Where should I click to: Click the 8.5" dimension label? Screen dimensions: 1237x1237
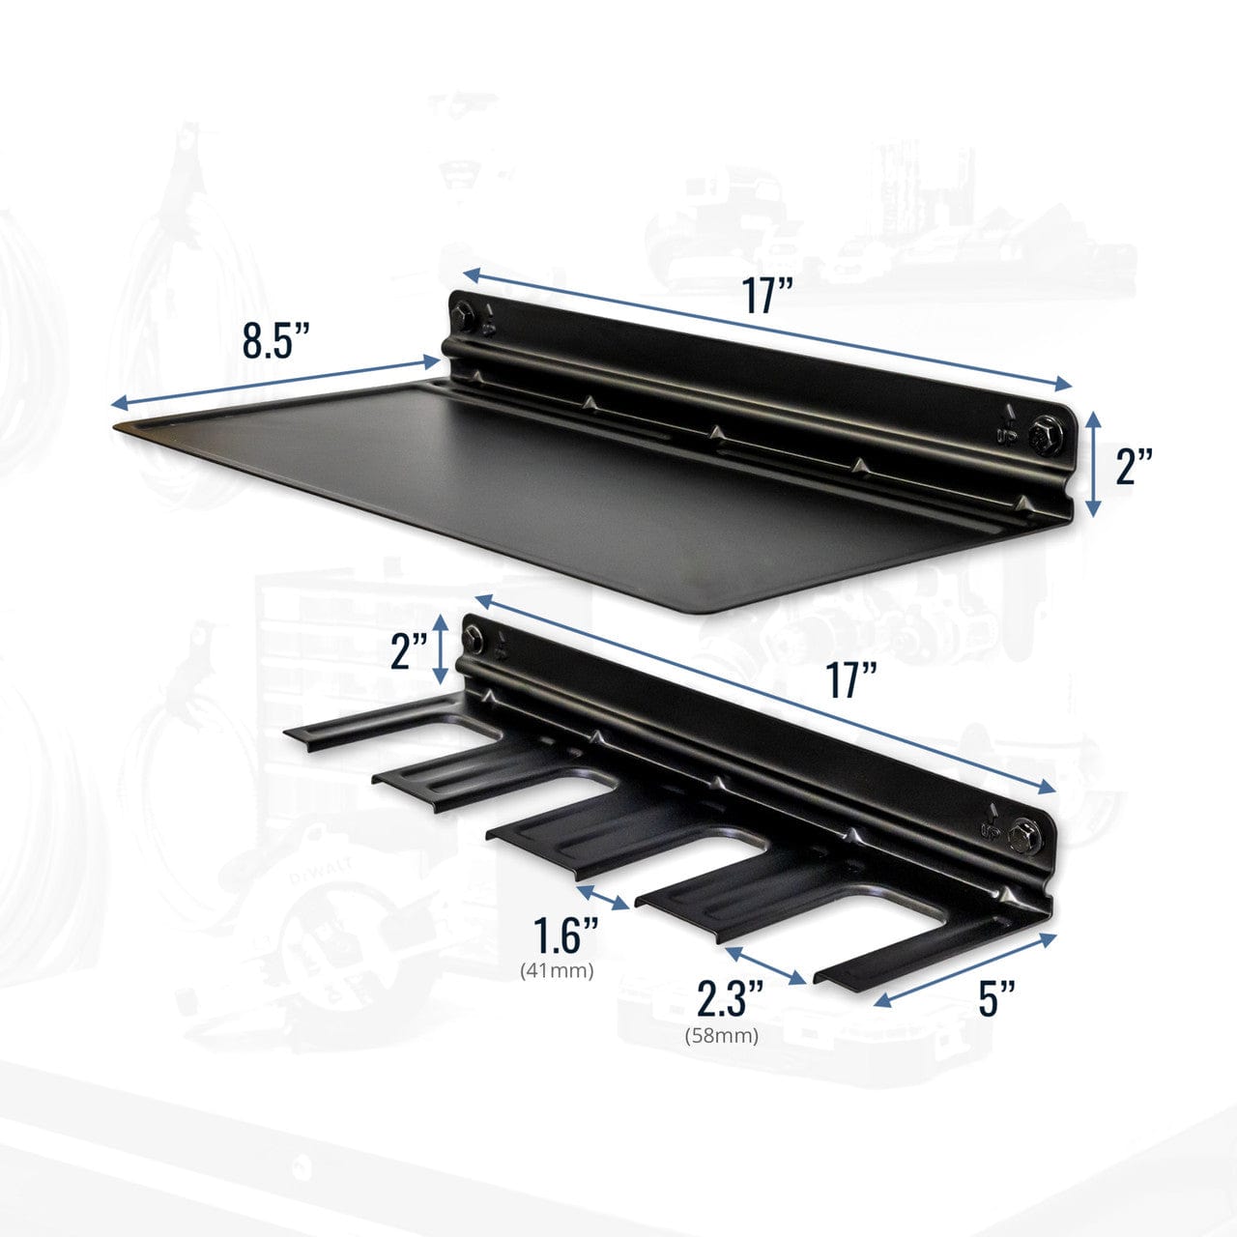point(275,340)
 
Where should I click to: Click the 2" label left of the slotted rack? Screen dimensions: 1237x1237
point(409,653)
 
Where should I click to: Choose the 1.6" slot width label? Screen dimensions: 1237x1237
point(566,935)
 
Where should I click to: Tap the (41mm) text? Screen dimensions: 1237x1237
point(557,969)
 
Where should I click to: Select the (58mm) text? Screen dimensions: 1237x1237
point(722,1036)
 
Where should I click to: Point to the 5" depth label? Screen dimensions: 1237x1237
point(997,997)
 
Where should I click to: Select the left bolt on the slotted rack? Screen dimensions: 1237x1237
point(474,636)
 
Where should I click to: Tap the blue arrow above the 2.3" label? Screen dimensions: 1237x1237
point(764,964)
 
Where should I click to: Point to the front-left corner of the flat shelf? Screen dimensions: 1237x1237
point(118,426)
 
